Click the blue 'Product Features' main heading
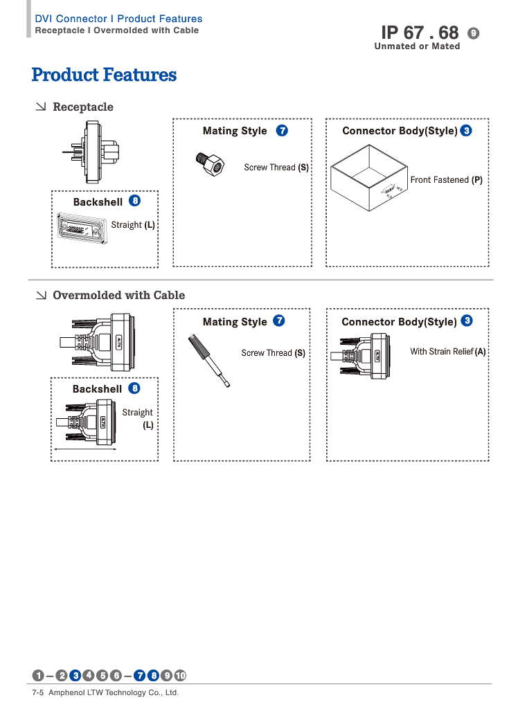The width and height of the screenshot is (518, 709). pos(104,75)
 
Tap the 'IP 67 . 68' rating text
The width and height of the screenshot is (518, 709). pos(420,33)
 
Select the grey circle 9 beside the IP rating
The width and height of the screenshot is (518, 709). pos(474,33)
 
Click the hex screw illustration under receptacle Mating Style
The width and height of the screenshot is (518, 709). pos(210,163)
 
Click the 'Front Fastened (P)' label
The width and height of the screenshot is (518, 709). pos(446,180)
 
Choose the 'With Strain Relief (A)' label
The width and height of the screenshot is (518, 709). pos(447,352)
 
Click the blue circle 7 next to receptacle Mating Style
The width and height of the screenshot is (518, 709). pos(282,130)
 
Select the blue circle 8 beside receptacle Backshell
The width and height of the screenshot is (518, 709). pos(134,201)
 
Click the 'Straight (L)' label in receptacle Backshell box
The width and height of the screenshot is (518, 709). pos(133,225)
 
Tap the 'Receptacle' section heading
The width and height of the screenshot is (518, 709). pos(82,107)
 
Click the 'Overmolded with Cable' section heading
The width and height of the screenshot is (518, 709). pos(118,295)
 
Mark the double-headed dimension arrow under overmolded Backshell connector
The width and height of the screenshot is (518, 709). pos(86,449)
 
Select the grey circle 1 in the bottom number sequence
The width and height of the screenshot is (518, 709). pos(39,676)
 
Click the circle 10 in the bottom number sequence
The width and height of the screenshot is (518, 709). pos(180,676)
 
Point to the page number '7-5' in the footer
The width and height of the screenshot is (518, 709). pos(38,692)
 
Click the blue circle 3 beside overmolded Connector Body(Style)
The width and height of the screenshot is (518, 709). pos(467,321)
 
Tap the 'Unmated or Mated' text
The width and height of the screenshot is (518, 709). pos(417,46)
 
